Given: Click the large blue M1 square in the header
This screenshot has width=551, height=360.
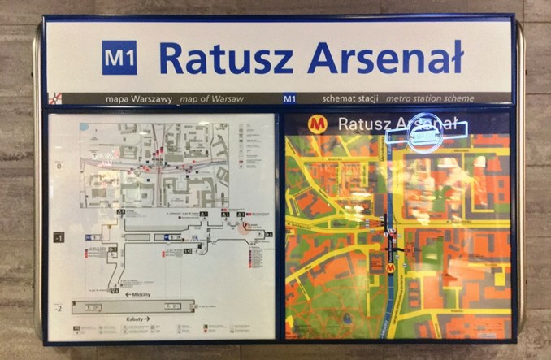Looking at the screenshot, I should (x=119, y=58).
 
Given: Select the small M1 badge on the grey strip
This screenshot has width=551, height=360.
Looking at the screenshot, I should (x=289, y=98).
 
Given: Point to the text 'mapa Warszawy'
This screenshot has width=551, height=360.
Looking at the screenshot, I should (x=139, y=98).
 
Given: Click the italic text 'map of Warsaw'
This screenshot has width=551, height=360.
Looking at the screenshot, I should (x=206, y=98).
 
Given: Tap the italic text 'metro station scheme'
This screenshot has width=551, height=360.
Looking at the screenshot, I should (x=430, y=98).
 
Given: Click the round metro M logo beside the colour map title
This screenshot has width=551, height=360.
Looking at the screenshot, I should (x=317, y=124).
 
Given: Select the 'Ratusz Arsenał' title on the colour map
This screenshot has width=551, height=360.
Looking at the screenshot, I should (x=397, y=124).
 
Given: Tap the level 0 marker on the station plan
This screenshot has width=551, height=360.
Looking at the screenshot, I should (x=59, y=166).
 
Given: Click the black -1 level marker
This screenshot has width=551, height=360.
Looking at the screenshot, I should (x=59, y=237).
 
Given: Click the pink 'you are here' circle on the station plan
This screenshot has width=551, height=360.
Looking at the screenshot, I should (x=245, y=228).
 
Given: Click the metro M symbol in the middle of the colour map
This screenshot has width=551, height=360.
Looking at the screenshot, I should (x=390, y=267).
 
